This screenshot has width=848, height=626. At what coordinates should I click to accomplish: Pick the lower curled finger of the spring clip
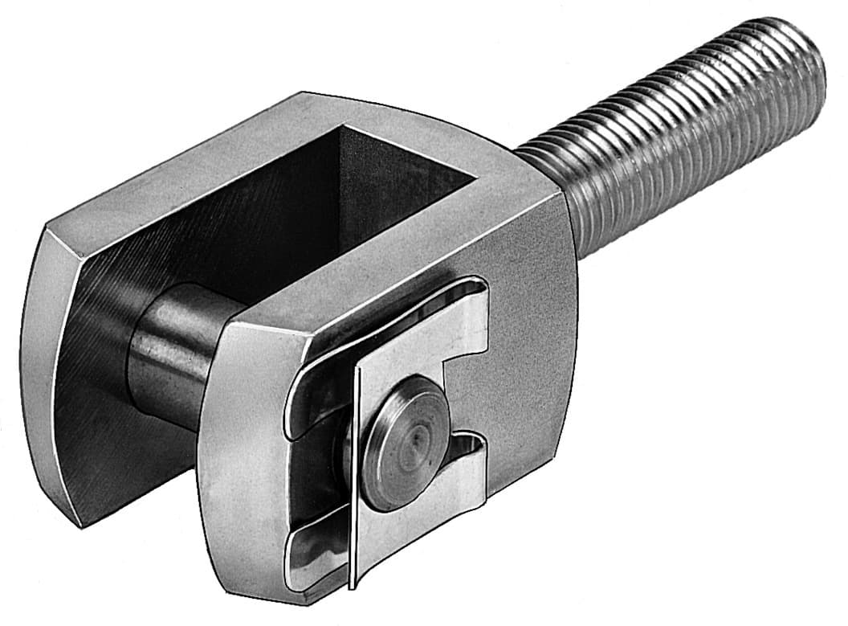pyautogui.click(x=313, y=554)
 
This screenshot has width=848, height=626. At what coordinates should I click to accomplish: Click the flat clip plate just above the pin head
pyautogui.click(x=402, y=354)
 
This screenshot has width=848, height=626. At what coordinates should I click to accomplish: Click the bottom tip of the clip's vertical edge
pyautogui.click(x=351, y=584)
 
